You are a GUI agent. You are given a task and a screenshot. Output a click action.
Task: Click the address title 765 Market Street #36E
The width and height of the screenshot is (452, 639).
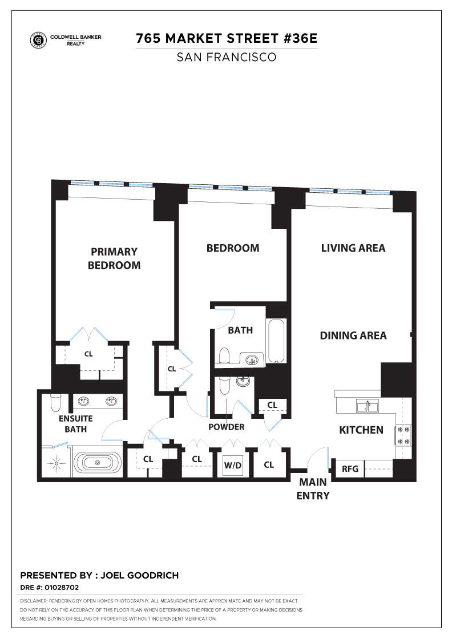coord(227,39)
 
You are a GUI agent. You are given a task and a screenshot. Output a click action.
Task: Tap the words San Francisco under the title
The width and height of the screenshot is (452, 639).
coord(227,57)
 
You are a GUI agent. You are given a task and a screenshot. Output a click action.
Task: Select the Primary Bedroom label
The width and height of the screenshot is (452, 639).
coord(114,258)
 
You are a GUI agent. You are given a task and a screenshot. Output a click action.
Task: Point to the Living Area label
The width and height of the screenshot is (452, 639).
coord(353,248)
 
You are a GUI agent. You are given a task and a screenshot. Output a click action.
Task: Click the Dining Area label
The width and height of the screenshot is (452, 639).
coord(353,335)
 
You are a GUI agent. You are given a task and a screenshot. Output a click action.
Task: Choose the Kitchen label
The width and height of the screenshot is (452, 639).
coord(361,430)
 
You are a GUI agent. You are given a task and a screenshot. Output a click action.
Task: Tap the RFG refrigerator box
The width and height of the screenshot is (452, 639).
coord(350,469)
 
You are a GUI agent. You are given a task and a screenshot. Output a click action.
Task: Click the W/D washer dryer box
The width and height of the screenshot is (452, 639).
coord(232,466)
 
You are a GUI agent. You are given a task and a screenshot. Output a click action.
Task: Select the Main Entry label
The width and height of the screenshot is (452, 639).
coord(313,489)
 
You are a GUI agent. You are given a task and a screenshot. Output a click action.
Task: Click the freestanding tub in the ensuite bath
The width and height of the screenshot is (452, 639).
coord(99,462)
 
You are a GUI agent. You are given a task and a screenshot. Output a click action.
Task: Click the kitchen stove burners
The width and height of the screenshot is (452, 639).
coord(403,435)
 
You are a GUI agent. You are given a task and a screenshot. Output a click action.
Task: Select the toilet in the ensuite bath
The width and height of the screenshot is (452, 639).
coord(55,403)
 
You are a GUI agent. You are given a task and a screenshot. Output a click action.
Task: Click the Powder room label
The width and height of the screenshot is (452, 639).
coord(227,427)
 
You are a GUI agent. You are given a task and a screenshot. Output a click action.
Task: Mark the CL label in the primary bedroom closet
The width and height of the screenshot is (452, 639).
coord(88,354)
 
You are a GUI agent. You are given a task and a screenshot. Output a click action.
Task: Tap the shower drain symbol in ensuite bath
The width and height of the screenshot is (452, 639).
coord(56,463)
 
